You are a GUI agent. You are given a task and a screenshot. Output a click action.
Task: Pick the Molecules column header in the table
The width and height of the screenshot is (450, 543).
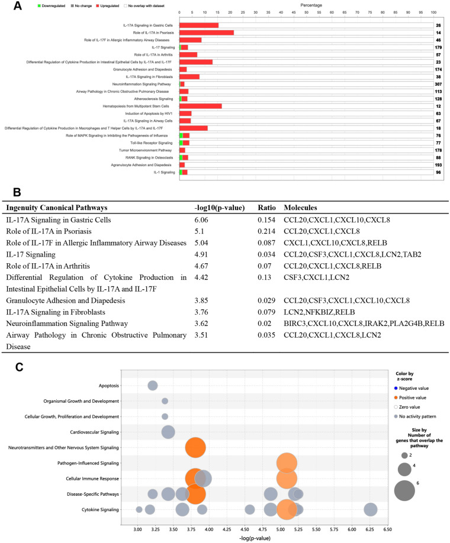[x=304, y=208]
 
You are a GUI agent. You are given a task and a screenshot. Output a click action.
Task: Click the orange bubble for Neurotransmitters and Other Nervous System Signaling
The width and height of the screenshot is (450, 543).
[x=195, y=447]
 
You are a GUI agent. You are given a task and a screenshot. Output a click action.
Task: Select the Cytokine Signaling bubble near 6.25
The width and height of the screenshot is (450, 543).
[x=371, y=509]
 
